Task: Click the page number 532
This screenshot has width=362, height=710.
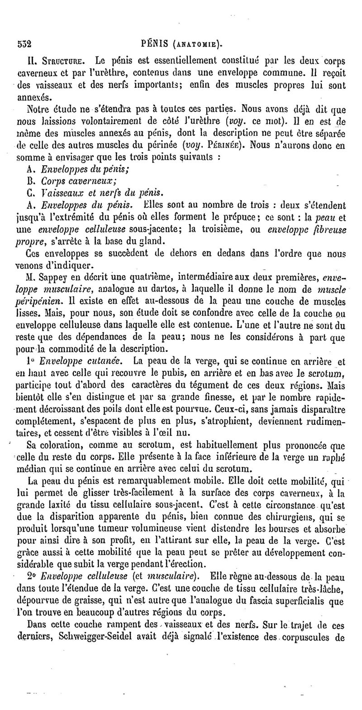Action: pyautogui.click(x=24, y=45)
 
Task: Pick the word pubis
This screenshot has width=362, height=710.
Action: pyautogui.click(x=222, y=374)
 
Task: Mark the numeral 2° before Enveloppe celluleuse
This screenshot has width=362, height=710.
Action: pyautogui.click(x=31, y=576)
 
